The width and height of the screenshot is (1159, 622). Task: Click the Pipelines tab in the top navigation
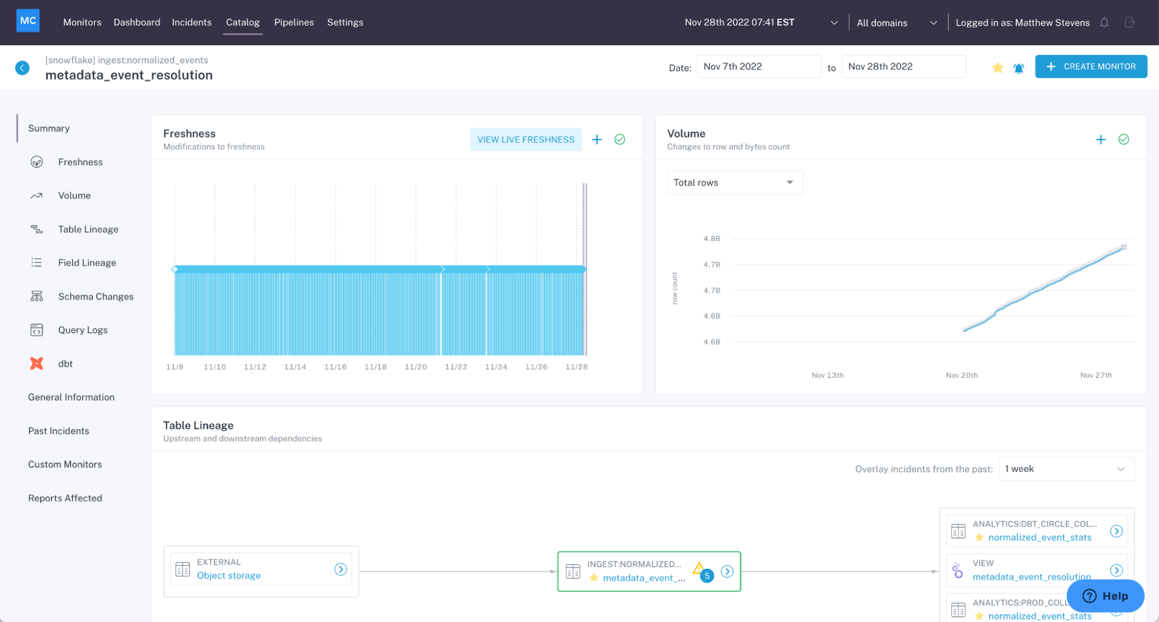coord(293,22)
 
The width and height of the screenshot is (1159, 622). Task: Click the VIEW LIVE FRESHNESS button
coord(525,140)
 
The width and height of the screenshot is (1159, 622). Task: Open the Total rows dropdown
coord(735,183)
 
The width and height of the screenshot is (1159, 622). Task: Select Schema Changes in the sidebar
coord(95,296)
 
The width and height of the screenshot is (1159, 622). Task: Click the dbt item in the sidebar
coord(65,363)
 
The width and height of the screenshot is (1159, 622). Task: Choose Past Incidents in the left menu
coord(59,431)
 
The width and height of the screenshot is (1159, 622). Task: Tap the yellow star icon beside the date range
coord(997,68)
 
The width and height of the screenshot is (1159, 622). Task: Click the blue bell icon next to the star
coord(1018,68)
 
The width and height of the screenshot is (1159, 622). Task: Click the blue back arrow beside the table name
coord(22,68)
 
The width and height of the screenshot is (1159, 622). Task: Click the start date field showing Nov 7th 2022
coord(758,67)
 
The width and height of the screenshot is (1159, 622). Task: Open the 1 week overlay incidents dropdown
coord(1066,469)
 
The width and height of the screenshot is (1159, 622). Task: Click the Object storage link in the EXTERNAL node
coord(228,576)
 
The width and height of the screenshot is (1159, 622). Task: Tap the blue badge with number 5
coord(706,576)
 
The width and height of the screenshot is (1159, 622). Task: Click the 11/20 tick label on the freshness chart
coord(415,367)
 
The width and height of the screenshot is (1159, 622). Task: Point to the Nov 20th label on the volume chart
coord(961,375)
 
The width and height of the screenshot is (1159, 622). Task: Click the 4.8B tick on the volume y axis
coord(711,238)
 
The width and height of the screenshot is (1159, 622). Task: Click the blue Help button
coord(1105,596)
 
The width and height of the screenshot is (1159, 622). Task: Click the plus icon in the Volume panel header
coord(1100,140)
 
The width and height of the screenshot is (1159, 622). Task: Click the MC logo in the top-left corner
coord(28,21)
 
